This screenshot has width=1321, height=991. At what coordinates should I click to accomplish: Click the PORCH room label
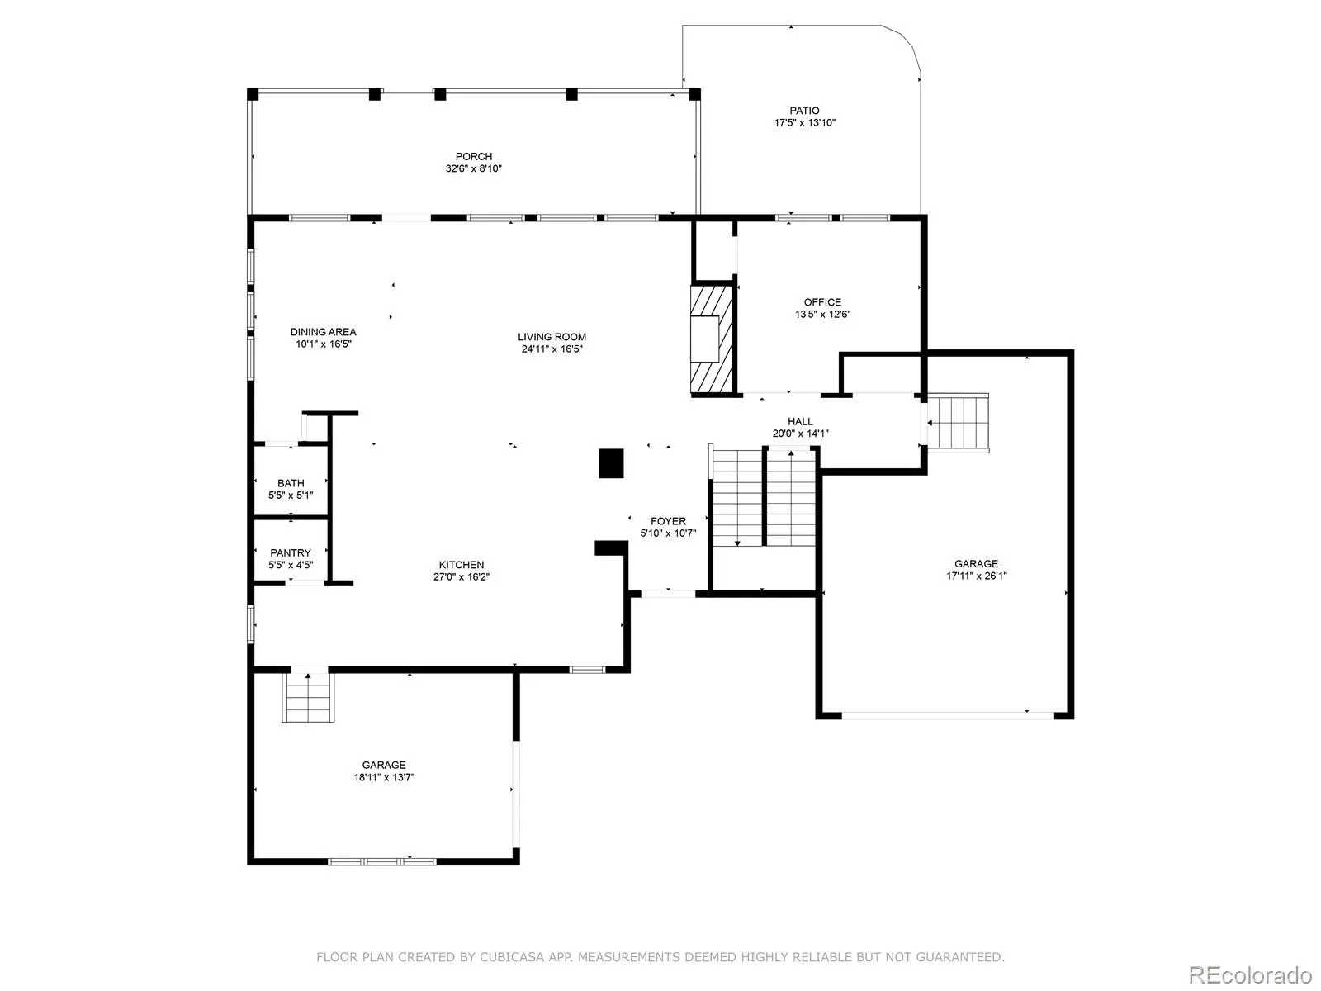click(473, 156)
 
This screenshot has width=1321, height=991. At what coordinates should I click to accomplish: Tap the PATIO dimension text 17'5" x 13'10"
click(804, 123)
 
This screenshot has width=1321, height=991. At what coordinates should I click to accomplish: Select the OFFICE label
click(822, 302)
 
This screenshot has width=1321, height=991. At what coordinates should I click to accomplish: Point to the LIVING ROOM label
click(552, 337)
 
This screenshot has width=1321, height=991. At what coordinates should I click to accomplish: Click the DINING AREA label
click(323, 332)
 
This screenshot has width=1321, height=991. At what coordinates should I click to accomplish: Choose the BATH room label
click(291, 483)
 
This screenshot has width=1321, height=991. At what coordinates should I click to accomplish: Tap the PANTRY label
click(291, 553)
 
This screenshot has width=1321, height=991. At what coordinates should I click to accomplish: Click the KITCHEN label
click(461, 565)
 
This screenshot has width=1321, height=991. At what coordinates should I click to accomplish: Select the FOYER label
click(668, 522)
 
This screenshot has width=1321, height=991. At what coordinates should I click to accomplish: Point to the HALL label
click(800, 422)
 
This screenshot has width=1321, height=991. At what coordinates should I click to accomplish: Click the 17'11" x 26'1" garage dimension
click(976, 576)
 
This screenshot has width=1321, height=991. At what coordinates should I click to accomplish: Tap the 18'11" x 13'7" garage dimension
click(384, 777)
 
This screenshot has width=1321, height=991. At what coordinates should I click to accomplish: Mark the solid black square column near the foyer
click(611, 463)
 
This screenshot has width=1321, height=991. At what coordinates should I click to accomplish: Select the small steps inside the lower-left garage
click(308, 697)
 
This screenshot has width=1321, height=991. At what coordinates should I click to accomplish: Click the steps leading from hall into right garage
click(958, 422)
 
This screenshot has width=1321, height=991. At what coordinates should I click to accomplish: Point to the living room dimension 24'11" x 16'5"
click(552, 349)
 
